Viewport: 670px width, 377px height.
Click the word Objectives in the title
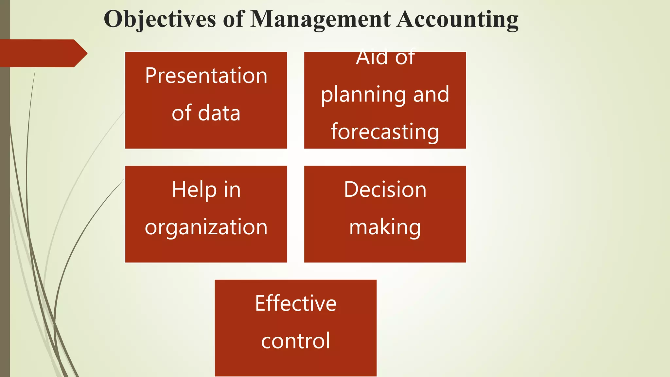click(x=160, y=19)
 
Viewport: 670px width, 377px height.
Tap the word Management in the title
click(x=320, y=19)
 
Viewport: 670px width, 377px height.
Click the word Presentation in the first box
click(x=206, y=76)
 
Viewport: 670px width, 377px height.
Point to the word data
click(x=219, y=113)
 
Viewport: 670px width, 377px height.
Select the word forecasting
click(x=385, y=132)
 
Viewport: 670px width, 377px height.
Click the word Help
click(x=194, y=189)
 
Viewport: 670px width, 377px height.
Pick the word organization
click(x=206, y=227)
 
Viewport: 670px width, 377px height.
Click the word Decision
click(x=385, y=189)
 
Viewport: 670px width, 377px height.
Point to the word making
click(x=385, y=227)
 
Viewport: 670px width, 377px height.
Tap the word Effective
click(x=296, y=303)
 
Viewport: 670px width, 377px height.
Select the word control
click(x=296, y=341)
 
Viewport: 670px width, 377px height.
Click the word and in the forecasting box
click(x=431, y=94)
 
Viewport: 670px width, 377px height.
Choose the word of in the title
click(x=233, y=19)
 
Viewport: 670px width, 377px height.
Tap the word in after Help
click(x=232, y=189)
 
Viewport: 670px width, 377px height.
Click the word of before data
click(x=182, y=113)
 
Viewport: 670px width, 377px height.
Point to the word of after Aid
click(x=405, y=58)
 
